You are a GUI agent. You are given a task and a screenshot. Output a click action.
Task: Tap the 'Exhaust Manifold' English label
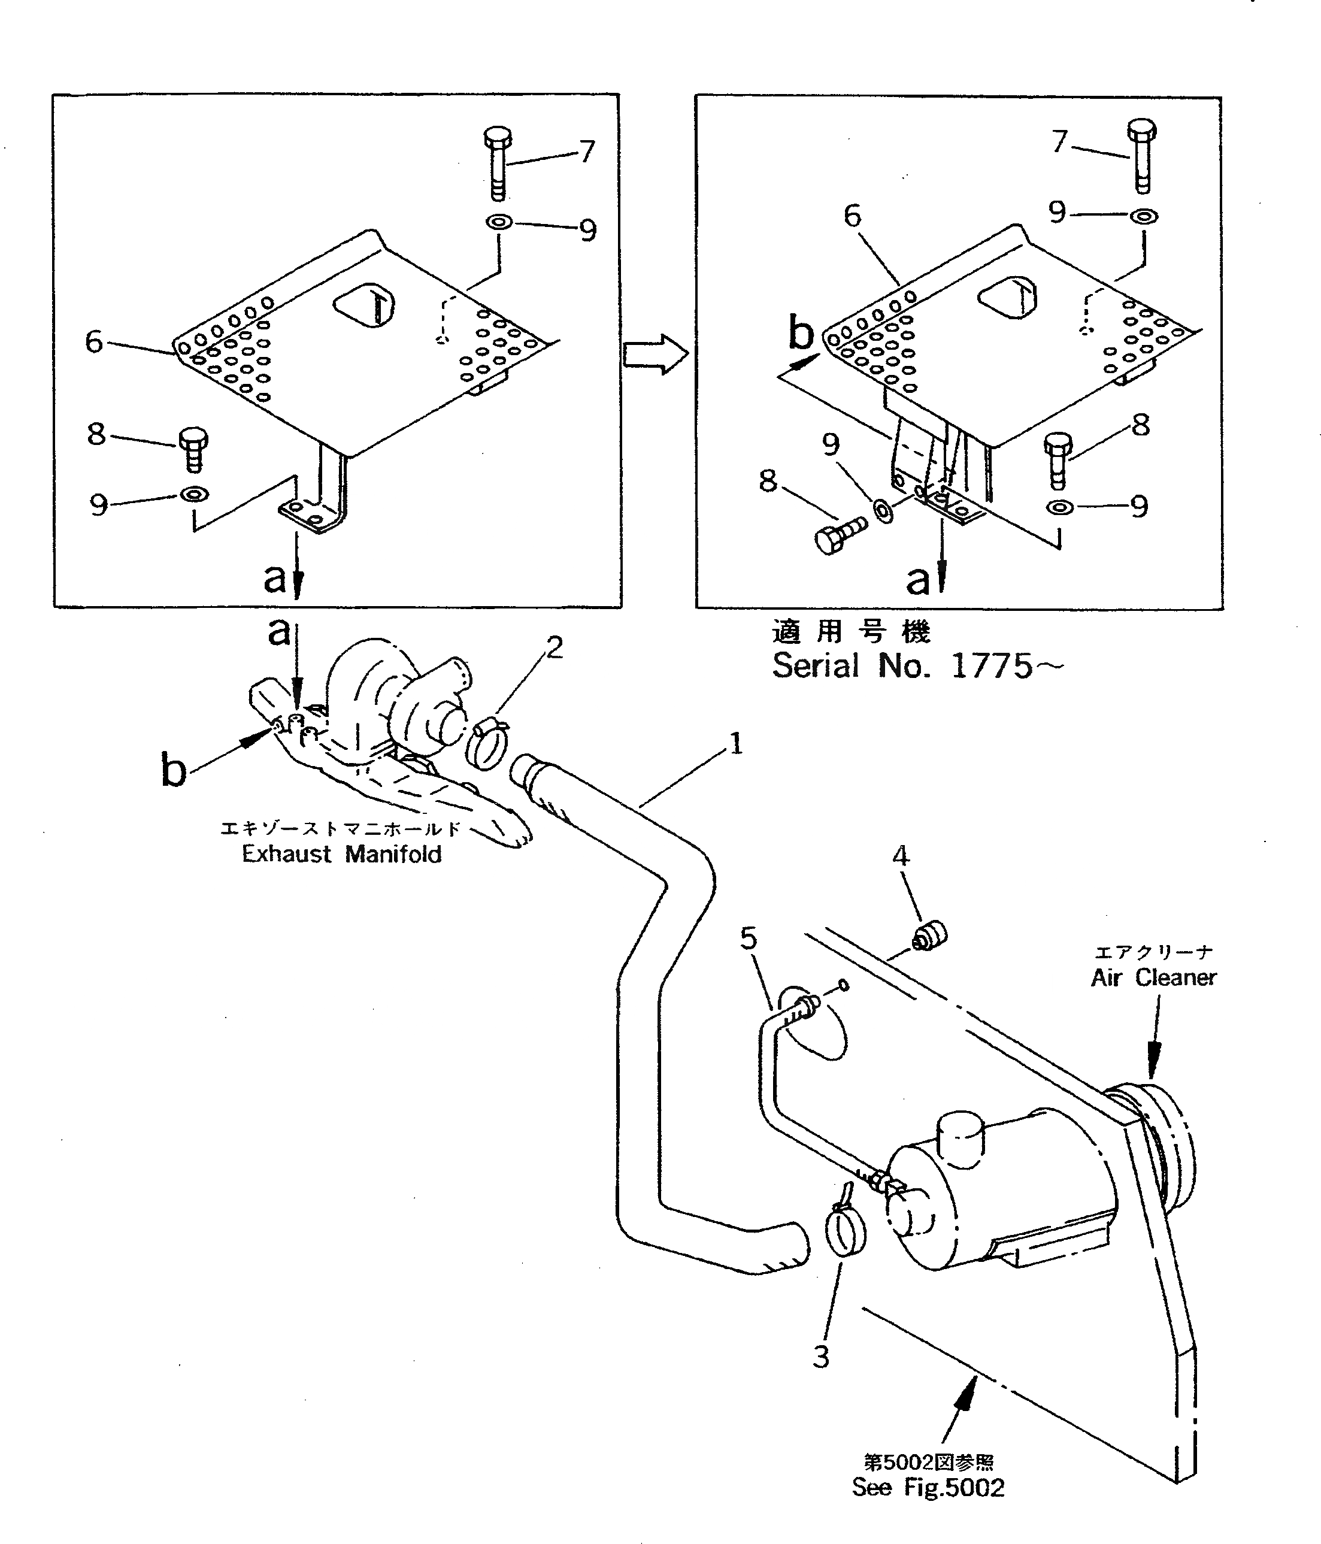[x=341, y=854]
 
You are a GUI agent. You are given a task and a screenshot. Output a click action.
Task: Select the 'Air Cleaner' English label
[x=1153, y=977]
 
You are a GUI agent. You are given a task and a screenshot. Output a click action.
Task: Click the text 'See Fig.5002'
[x=928, y=1487]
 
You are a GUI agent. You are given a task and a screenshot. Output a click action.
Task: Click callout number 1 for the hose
[x=735, y=743]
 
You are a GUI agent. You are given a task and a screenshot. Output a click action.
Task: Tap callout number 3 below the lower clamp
[x=821, y=1356]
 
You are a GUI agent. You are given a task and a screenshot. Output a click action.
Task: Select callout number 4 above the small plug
[x=901, y=856]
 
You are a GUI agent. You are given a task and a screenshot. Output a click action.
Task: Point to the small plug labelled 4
[x=929, y=936]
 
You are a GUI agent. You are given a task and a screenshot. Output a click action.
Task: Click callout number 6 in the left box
[x=94, y=342]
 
